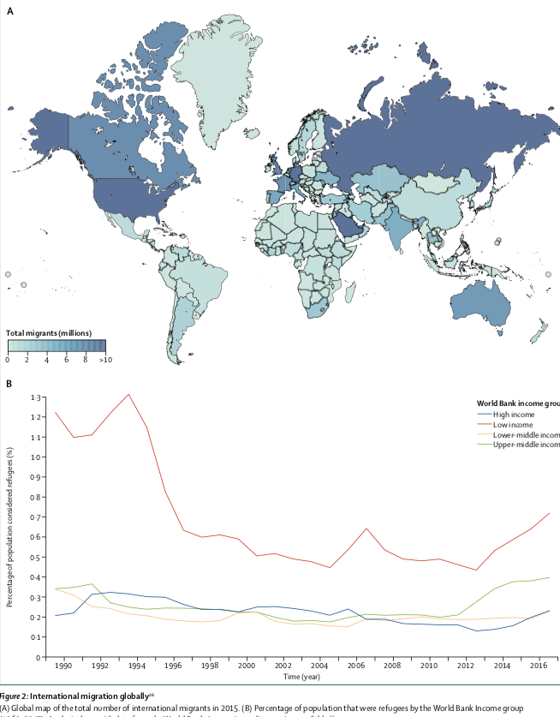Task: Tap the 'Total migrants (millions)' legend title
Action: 49,332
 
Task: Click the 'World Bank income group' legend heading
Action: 517,401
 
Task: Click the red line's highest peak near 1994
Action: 128,395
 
